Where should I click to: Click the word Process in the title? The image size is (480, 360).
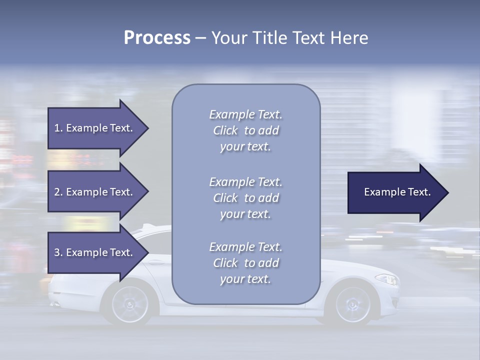[x=157, y=38]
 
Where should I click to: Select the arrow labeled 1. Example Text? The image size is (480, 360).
[x=93, y=128]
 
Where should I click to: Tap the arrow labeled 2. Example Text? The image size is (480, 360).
[x=93, y=192]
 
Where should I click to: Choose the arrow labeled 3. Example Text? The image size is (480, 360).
[x=93, y=252]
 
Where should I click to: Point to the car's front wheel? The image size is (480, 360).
[x=352, y=304]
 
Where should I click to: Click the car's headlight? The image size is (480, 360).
[x=386, y=279]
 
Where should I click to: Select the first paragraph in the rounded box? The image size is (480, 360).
[x=245, y=130]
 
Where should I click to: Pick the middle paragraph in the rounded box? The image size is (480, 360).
[x=245, y=198]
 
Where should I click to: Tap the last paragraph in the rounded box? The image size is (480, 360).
[x=245, y=263]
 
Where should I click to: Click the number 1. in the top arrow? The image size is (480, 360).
[x=58, y=128]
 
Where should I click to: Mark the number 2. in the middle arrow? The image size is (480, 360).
[x=58, y=192]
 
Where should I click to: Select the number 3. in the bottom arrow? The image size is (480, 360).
[x=58, y=252]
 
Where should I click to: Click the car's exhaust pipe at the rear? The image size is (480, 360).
[x=54, y=303]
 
